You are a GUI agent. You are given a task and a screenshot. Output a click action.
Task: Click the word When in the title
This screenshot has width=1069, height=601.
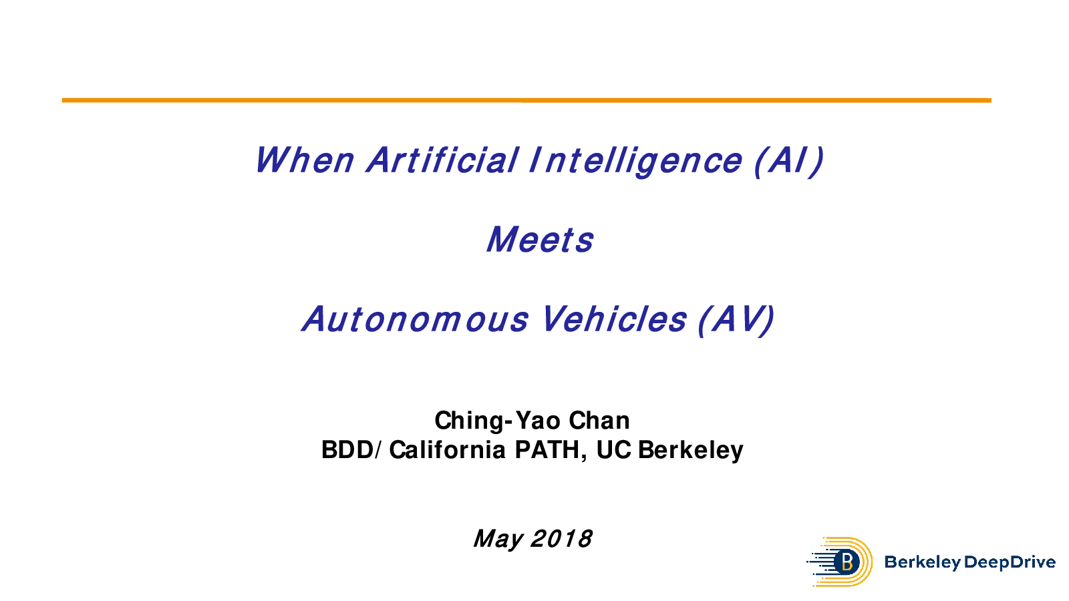pyautogui.click(x=305, y=160)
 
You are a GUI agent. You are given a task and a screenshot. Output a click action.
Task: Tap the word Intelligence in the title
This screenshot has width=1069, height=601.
pyautogui.click(x=635, y=161)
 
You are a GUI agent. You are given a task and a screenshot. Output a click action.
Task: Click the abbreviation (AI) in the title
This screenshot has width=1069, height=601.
pyautogui.click(x=789, y=161)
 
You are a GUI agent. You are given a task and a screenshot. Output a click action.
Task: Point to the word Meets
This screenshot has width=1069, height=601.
pyautogui.click(x=540, y=240)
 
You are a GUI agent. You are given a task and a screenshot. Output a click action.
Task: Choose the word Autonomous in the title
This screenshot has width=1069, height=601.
pyautogui.click(x=415, y=319)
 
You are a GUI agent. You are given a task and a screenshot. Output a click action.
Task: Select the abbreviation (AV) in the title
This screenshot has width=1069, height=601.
pyautogui.click(x=736, y=320)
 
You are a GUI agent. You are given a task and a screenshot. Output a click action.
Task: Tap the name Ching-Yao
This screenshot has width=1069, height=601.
pyautogui.click(x=497, y=421)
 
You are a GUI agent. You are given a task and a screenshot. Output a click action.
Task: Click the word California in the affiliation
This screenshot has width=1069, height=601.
pyautogui.click(x=447, y=450)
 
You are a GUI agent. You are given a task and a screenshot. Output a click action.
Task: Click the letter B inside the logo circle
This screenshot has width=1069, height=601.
pyautogui.click(x=848, y=562)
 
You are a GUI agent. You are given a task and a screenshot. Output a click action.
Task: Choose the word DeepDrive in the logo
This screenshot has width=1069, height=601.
pyautogui.click(x=1010, y=562)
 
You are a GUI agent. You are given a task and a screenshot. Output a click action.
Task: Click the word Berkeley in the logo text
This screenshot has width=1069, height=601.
pyautogui.click(x=922, y=562)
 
